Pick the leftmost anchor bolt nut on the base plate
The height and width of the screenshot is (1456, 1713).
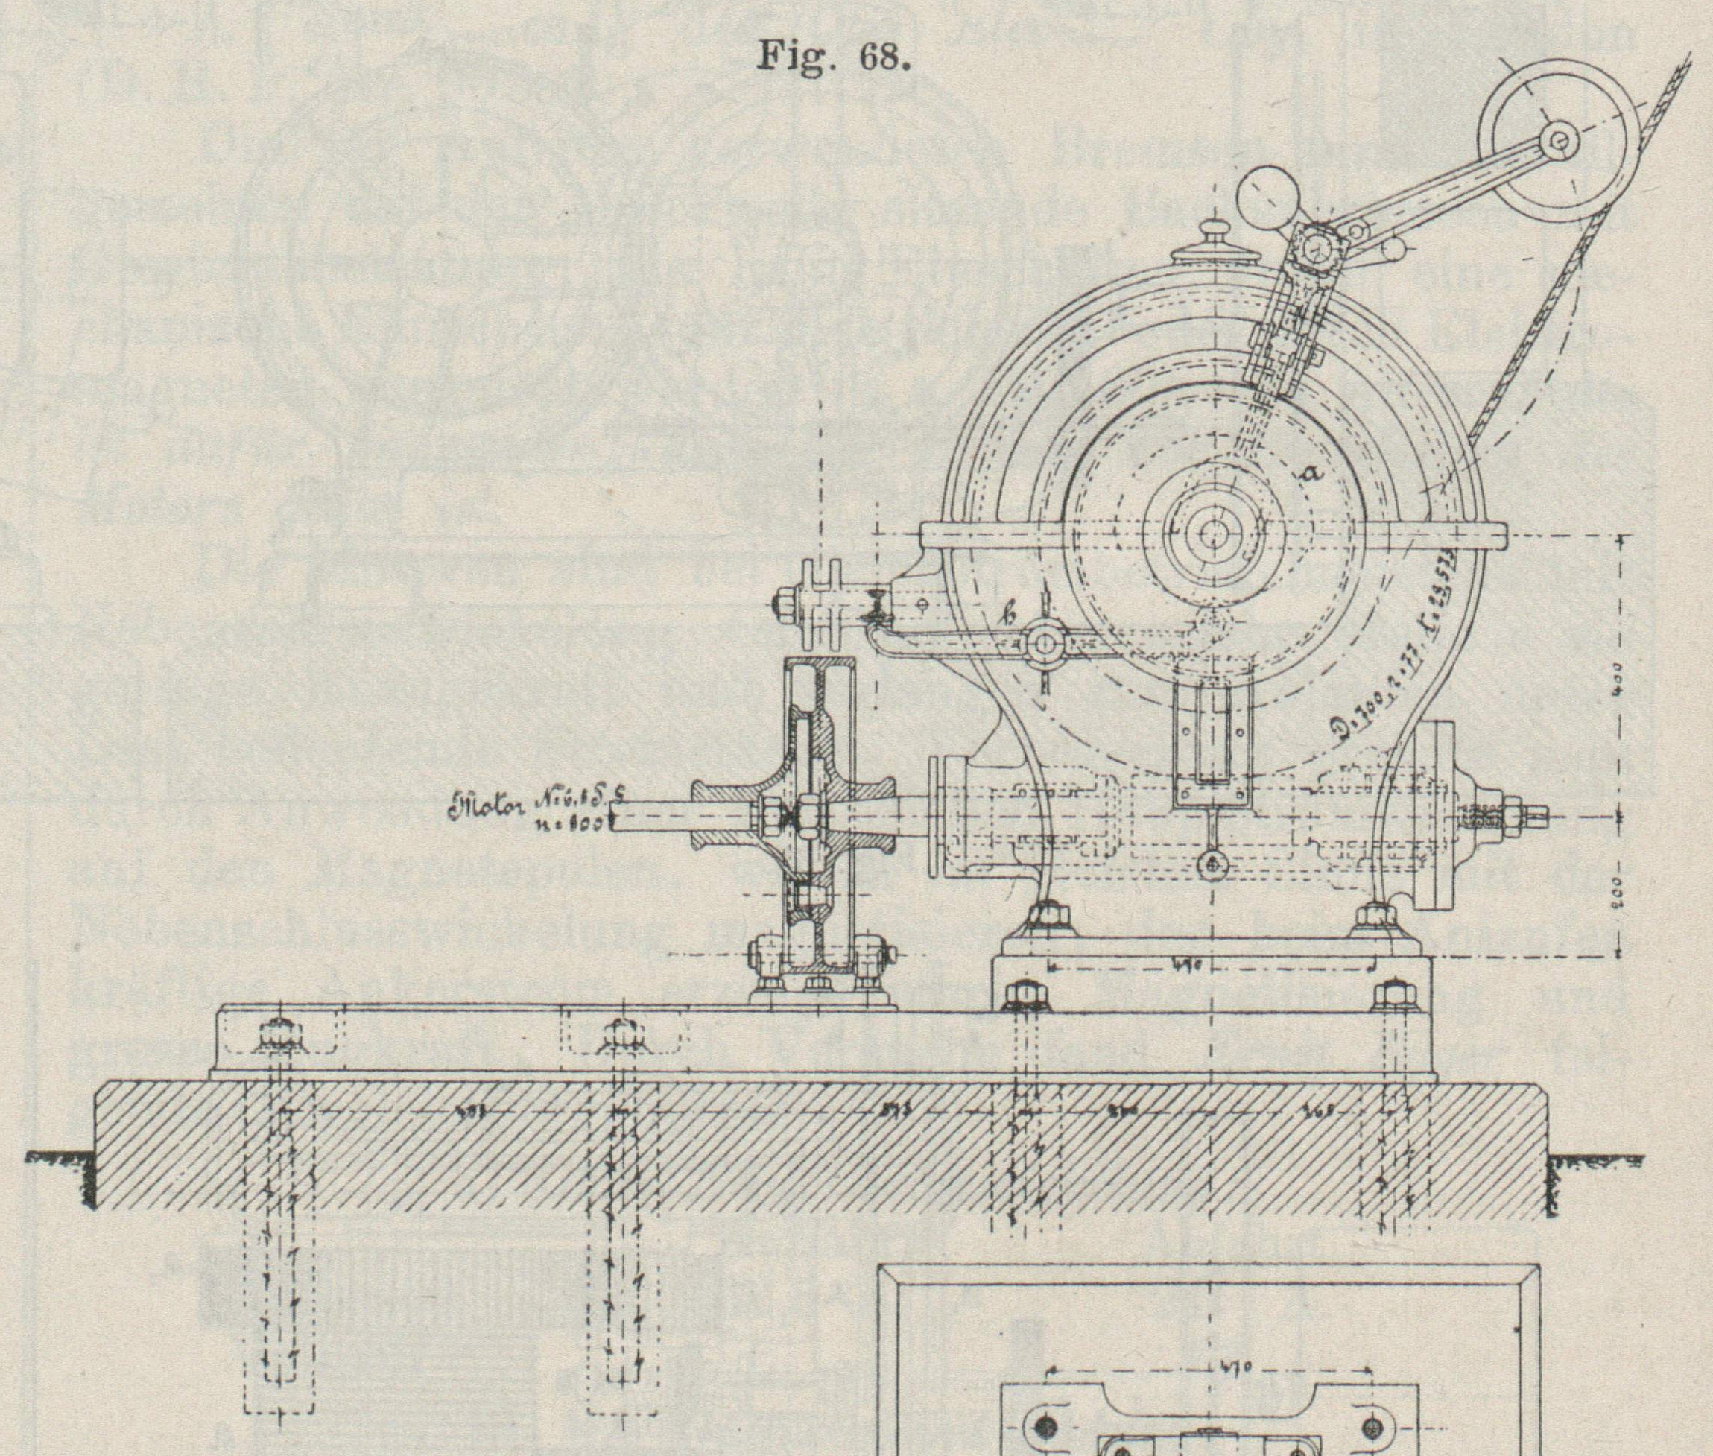pos(282,1034)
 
